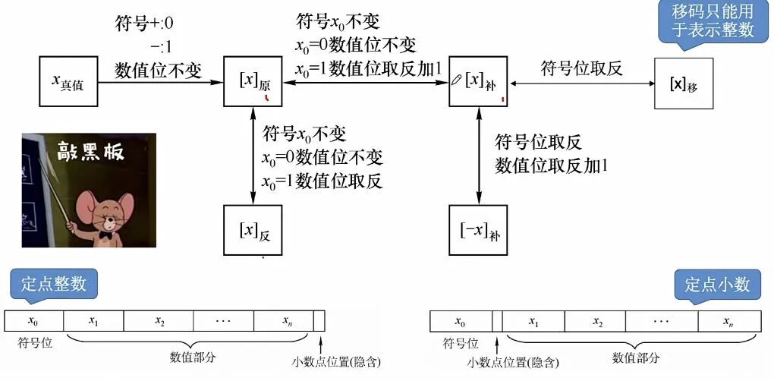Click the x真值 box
click(69, 80)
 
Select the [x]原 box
click(253, 80)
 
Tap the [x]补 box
click(478, 80)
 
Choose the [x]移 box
click(683, 83)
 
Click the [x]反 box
click(253, 230)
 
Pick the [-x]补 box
click(478, 229)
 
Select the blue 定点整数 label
click(54, 285)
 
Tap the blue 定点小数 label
click(717, 285)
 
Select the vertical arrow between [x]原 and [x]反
click(252, 156)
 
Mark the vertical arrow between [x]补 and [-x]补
click(478, 156)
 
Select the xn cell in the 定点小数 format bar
click(728, 321)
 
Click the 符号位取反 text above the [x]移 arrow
click(581, 69)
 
